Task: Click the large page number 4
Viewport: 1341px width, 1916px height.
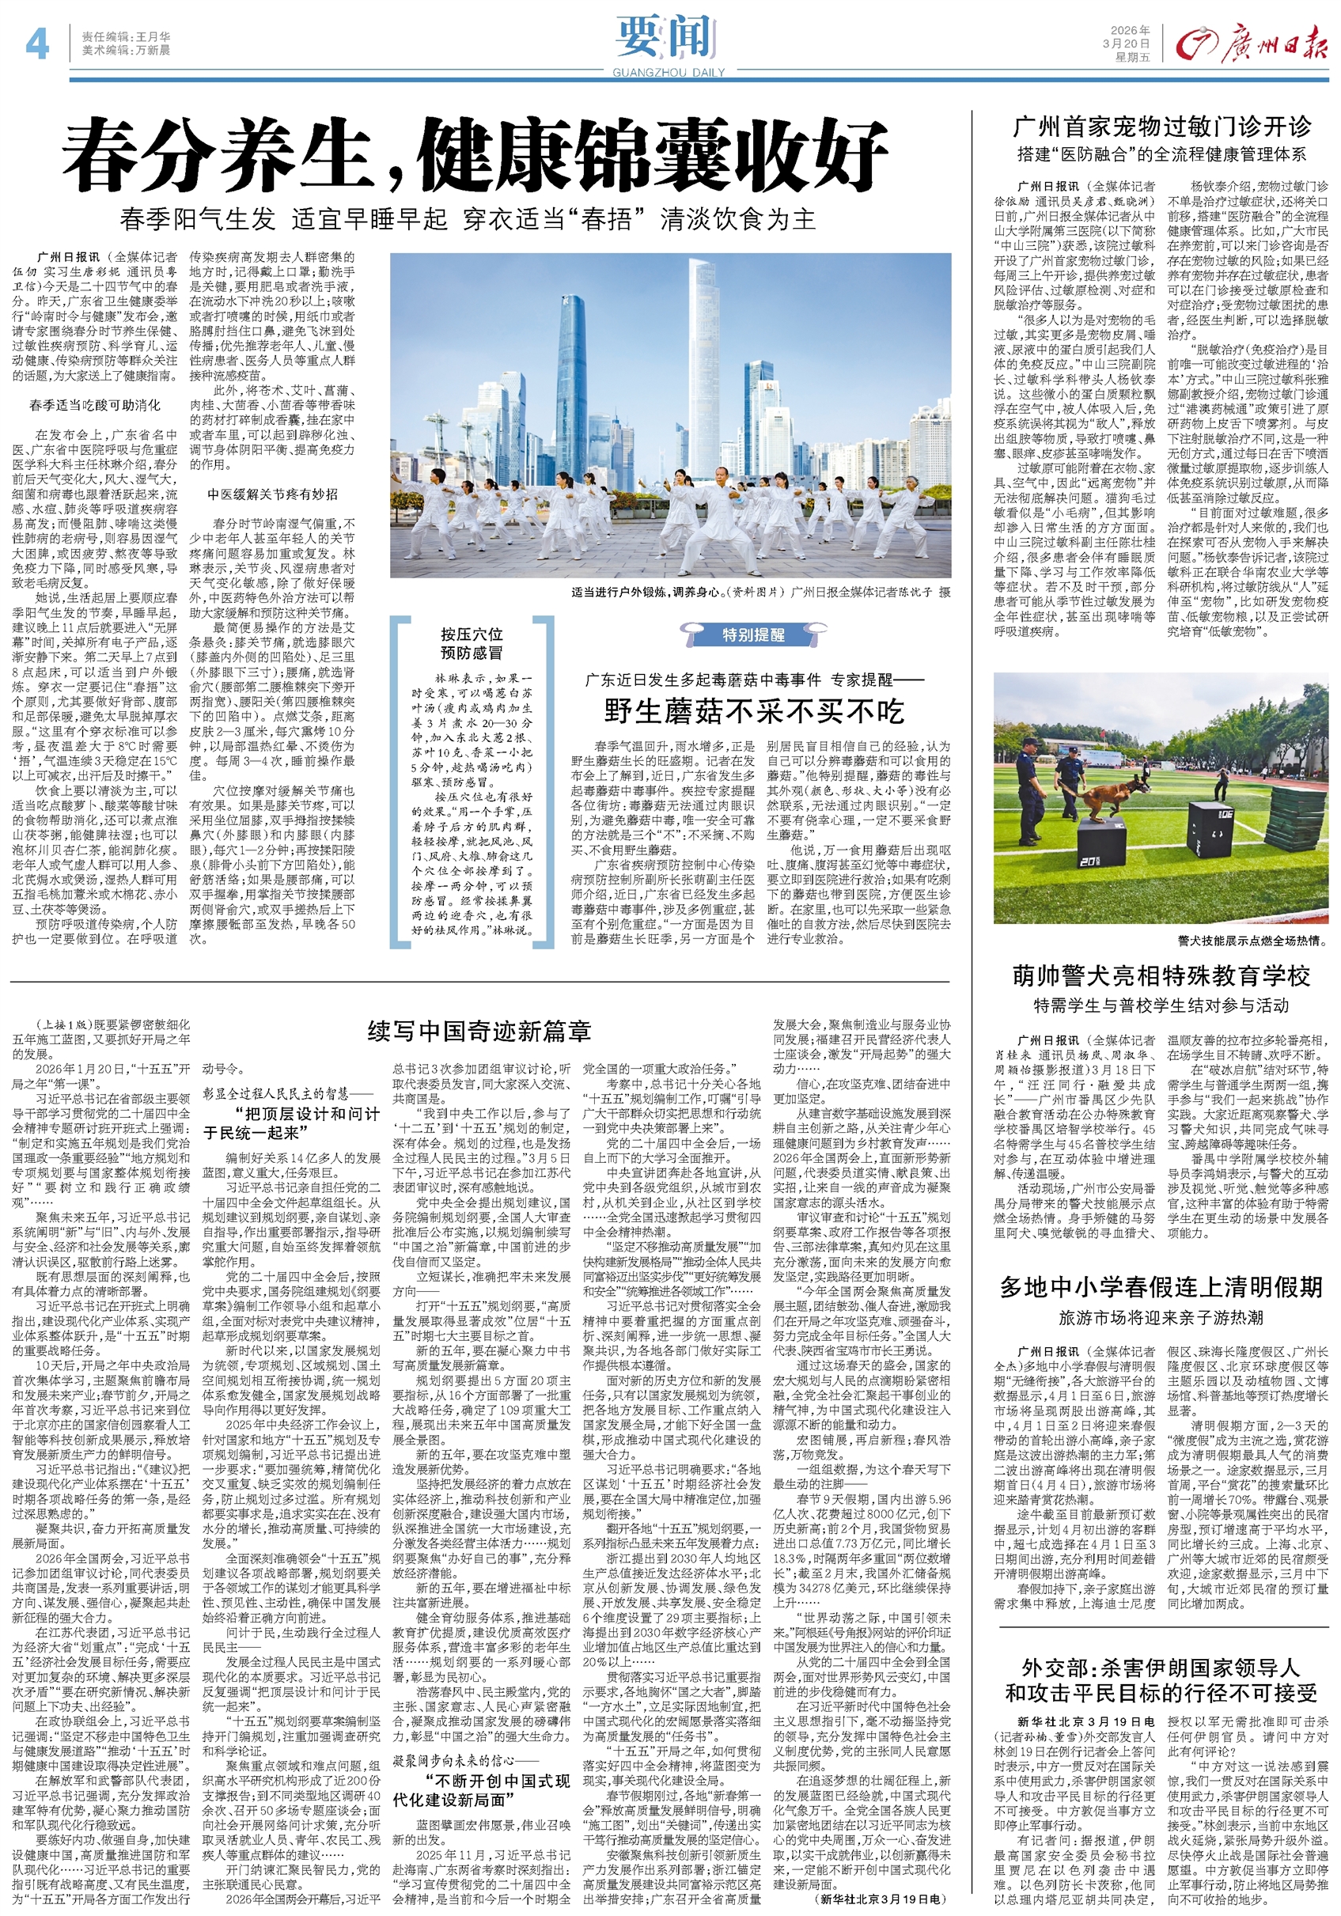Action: point(36,44)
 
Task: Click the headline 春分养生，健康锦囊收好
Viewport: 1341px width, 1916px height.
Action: point(475,154)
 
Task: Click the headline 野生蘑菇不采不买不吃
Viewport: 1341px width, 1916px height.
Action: point(753,711)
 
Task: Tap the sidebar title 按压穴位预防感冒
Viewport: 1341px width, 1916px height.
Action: point(472,642)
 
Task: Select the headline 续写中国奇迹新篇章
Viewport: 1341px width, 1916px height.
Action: point(479,1032)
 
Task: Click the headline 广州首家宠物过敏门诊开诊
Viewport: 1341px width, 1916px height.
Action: point(1161,127)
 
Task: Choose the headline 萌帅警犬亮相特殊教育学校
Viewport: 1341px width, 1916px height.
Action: point(1161,975)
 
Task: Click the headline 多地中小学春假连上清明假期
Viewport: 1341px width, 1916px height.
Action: point(1161,1287)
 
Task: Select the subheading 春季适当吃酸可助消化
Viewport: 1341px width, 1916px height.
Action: point(94,406)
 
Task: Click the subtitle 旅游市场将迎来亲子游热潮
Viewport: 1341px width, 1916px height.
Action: point(1161,1318)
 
